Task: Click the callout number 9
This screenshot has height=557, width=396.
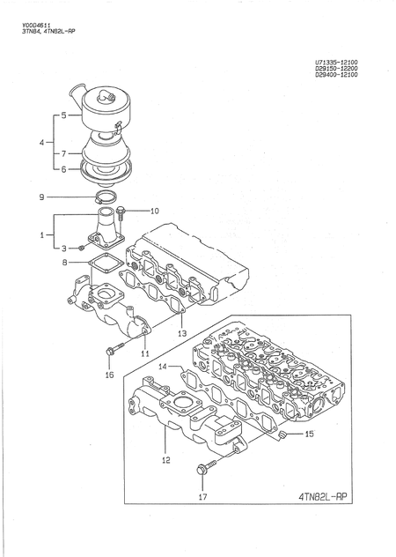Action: coord(40,198)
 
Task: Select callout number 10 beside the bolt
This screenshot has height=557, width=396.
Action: coord(154,211)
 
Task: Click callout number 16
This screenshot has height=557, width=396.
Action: coord(109,375)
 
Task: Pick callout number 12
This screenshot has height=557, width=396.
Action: coord(165,458)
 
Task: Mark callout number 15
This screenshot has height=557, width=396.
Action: coord(308,434)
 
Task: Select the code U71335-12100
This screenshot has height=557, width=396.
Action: coord(341,62)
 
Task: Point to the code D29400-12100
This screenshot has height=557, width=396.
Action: coord(341,76)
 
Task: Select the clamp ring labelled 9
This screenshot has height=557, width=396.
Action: coord(104,197)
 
